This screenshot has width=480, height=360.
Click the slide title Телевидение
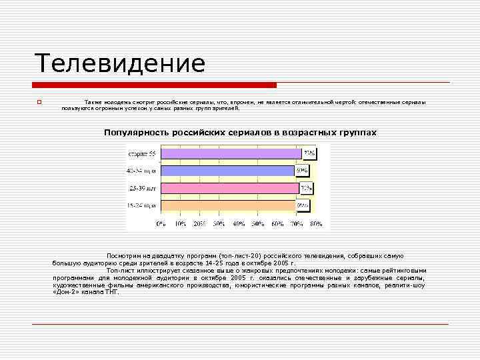click(x=120, y=64)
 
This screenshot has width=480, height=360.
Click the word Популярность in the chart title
click(x=136, y=133)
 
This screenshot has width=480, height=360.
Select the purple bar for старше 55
click(x=231, y=154)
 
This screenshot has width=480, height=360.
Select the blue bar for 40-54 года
click(x=227, y=171)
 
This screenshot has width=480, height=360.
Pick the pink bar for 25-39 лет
click(x=230, y=189)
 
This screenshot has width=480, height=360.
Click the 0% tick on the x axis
click(x=161, y=224)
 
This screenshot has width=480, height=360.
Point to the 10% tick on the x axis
click(x=180, y=224)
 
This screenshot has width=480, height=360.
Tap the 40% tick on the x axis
click(x=238, y=224)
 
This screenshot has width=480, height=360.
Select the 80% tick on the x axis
click(x=316, y=224)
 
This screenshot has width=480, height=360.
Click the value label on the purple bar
click(x=309, y=154)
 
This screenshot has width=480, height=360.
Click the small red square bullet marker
click(x=39, y=102)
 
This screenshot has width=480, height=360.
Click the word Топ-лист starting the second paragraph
click(x=119, y=271)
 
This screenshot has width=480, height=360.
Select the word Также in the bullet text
click(x=93, y=102)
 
